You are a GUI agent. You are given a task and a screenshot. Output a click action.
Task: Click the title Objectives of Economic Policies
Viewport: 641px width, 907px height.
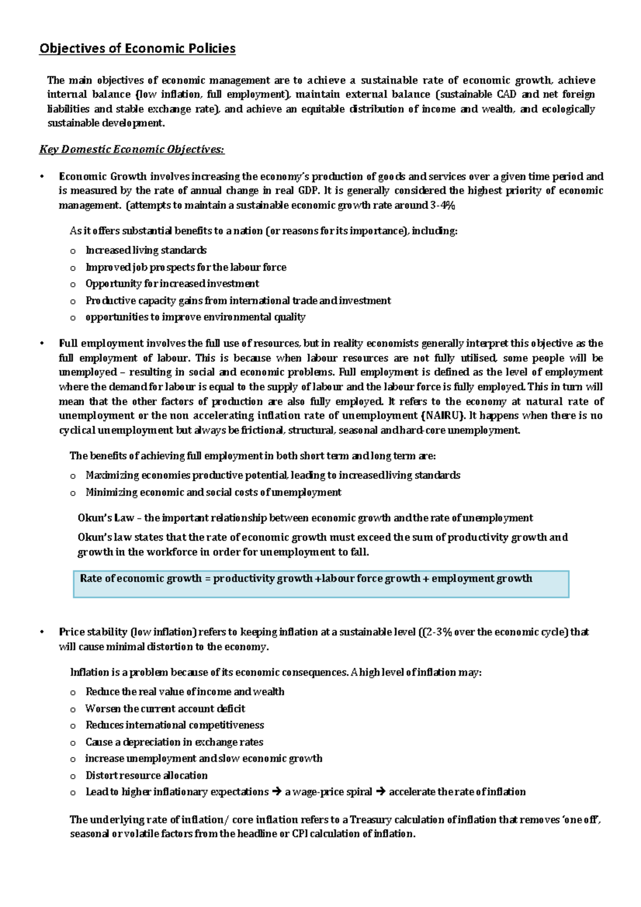(x=137, y=49)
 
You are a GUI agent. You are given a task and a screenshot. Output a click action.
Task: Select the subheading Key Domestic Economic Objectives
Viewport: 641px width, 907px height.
(x=132, y=150)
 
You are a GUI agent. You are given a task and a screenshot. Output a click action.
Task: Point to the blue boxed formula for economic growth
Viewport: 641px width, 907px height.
(x=320, y=583)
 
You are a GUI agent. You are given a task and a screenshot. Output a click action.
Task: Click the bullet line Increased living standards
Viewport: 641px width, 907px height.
(x=146, y=251)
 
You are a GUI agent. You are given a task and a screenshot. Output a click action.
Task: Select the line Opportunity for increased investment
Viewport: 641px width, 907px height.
(x=172, y=284)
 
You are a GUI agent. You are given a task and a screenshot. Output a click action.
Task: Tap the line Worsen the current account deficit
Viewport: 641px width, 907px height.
(x=165, y=709)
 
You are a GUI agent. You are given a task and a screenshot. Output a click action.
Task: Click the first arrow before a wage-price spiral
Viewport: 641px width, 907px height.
(x=276, y=792)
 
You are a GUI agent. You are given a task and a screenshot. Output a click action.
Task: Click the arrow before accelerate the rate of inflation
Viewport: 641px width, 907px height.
(x=380, y=792)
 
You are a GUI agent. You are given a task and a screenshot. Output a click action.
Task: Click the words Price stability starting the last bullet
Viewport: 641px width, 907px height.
(x=93, y=632)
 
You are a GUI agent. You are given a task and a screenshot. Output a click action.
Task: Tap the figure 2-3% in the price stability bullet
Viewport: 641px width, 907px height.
(x=437, y=632)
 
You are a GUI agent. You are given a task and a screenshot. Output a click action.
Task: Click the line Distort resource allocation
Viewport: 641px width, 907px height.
(x=146, y=776)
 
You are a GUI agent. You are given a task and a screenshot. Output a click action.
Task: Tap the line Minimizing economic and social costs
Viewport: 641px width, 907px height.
(x=213, y=492)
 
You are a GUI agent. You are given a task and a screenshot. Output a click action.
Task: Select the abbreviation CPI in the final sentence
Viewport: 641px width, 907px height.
(x=300, y=834)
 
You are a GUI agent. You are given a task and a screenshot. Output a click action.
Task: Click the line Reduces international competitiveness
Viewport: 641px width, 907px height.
(x=175, y=725)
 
